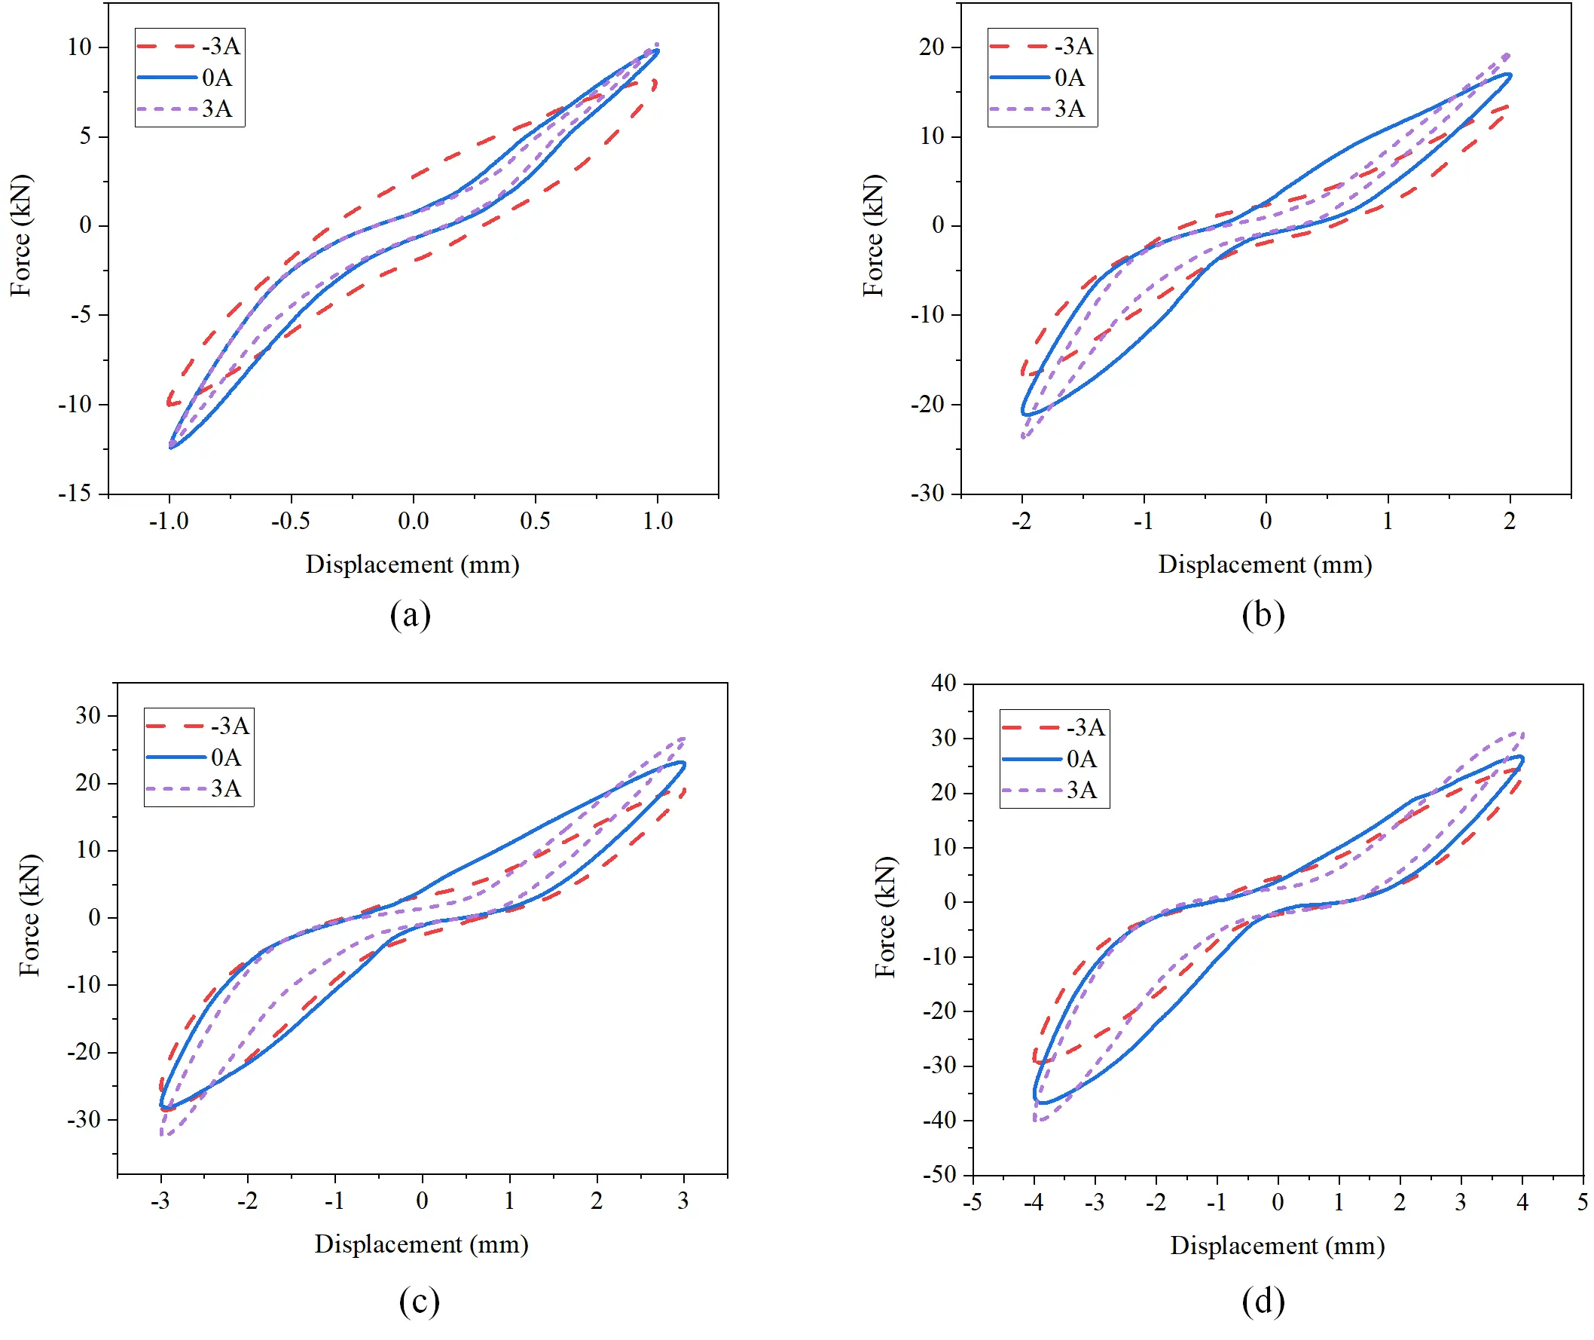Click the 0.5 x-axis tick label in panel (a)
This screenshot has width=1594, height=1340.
click(x=536, y=521)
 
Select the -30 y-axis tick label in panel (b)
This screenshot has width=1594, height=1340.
click(x=927, y=494)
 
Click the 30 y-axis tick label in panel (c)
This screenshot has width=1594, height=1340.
click(x=88, y=715)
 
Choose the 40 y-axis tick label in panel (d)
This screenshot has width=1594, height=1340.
click(x=944, y=683)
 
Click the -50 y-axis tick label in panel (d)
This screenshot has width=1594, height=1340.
click(x=939, y=1175)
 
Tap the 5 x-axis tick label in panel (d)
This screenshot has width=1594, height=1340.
click(x=1583, y=1203)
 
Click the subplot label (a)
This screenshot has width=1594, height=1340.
click(x=410, y=614)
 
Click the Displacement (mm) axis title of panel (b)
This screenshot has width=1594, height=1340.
click(x=1264, y=564)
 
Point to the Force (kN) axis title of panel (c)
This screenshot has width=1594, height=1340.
click(x=29, y=916)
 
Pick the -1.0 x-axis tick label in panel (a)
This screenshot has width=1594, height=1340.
click(x=169, y=521)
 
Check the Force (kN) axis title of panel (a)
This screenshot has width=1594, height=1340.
click(x=21, y=235)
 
